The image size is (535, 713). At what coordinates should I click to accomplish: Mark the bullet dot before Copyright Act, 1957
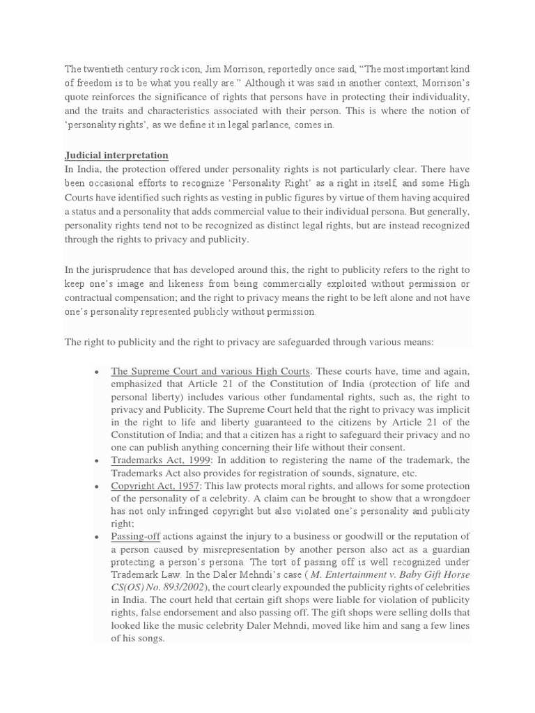(95, 486)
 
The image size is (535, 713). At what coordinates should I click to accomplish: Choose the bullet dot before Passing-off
(95, 536)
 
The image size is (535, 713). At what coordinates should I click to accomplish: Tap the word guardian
(449, 549)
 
